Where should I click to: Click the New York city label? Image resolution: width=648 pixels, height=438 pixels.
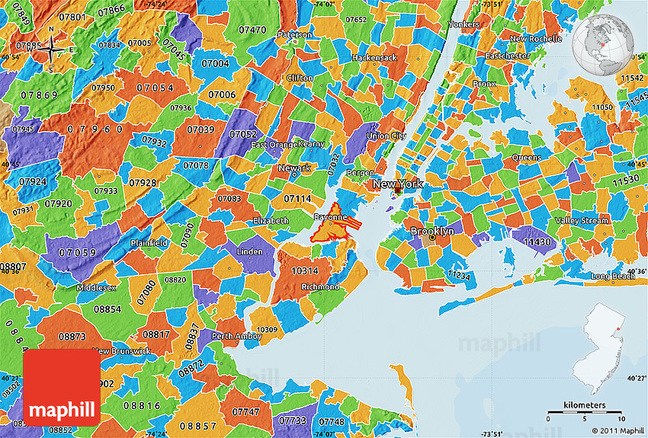(x=397, y=184)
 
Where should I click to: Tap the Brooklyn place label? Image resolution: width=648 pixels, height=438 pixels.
(x=432, y=231)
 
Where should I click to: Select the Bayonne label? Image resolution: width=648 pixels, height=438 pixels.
(x=331, y=217)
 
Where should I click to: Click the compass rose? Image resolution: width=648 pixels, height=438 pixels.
(x=51, y=48)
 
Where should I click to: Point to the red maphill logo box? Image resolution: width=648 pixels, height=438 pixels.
(x=62, y=388)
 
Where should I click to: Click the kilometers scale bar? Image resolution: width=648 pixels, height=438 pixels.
(x=585, y=413)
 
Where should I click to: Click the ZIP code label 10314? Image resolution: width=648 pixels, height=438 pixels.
(x=305, y=270)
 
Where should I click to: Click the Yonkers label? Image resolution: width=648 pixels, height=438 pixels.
(x=464, y=24)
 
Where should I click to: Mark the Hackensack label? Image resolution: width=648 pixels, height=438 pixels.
(x=374, y=58)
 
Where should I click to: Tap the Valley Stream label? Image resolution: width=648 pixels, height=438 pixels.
(x=582, y=221)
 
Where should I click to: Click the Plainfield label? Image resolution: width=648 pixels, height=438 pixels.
(x=149, y=243)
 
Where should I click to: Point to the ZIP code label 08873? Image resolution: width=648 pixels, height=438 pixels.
(x=71, y=336)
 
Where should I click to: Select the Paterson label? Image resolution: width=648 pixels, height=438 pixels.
(x=294, y=35)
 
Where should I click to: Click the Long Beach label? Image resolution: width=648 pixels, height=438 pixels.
(x=613, y=276)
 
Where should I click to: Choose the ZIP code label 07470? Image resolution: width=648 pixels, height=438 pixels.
(x=252, y=30)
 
